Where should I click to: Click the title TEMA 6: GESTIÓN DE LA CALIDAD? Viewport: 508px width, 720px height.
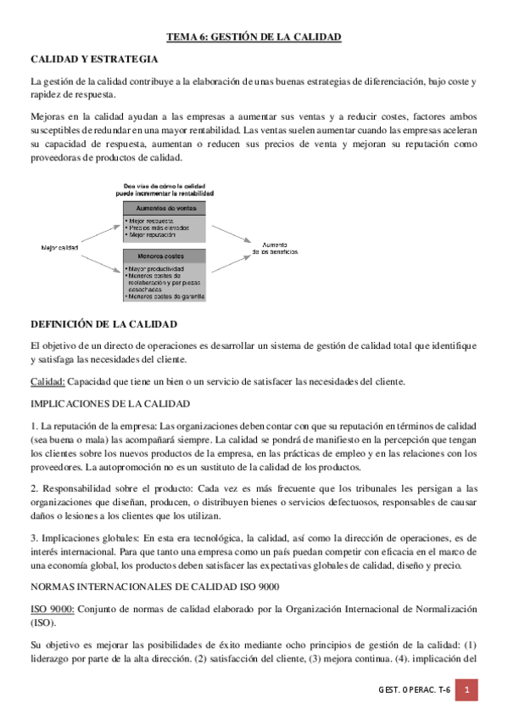pos(254,37)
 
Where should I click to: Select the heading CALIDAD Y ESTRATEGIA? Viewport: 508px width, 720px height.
pos(93,61)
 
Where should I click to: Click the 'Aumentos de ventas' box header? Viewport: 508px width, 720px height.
pos(164,208)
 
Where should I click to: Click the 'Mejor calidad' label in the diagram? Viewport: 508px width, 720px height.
pos(60,247)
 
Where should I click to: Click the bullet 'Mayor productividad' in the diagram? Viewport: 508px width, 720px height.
pos(156,269)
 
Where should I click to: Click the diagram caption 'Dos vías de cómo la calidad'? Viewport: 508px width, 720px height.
pos(164,185)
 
